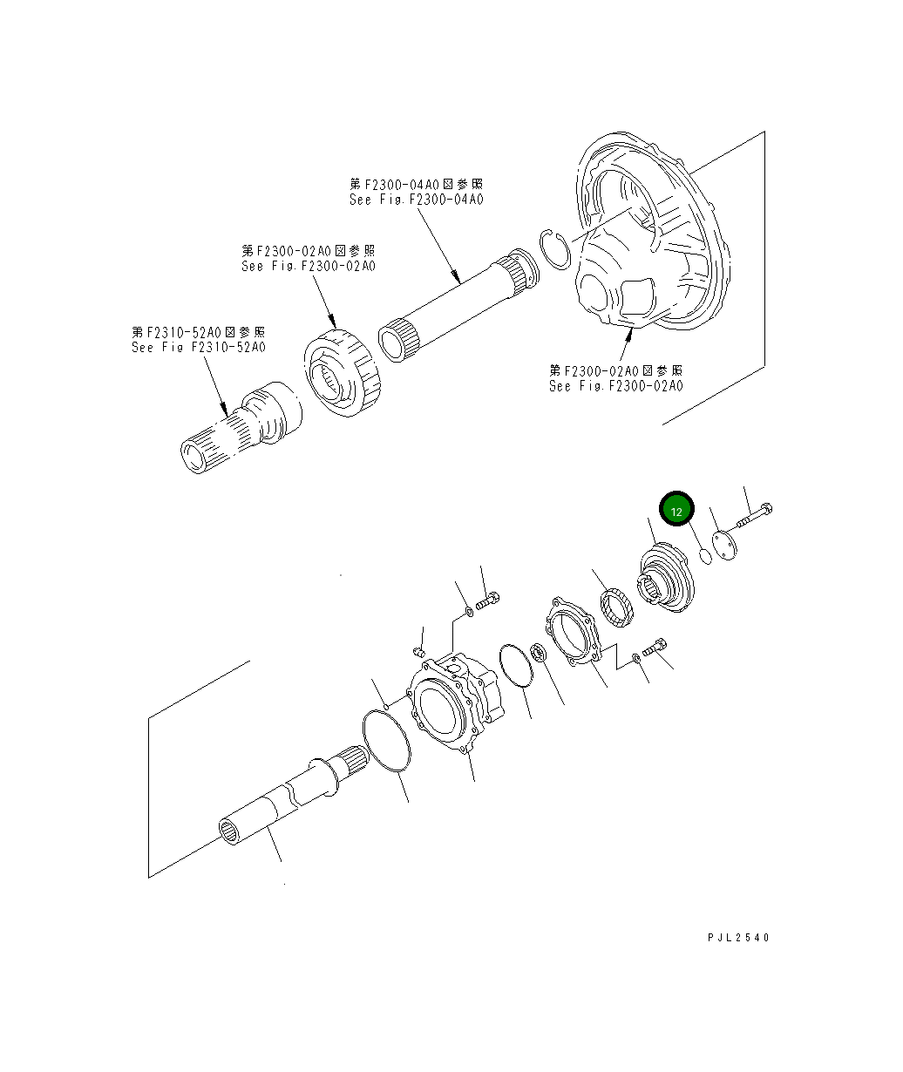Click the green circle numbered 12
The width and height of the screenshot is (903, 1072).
click(676, 511)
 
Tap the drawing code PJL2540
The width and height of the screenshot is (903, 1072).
click(739, 938)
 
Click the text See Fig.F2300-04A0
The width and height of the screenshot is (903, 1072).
click(416, 200)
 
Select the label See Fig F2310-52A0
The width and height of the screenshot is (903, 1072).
click(199, 347)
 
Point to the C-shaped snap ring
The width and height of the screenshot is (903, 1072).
click(555, 248)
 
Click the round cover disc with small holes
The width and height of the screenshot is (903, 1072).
click(724, 546)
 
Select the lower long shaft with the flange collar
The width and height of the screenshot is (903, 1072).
click(288, 797)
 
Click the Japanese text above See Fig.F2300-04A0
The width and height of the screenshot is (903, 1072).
click(416, 184)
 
